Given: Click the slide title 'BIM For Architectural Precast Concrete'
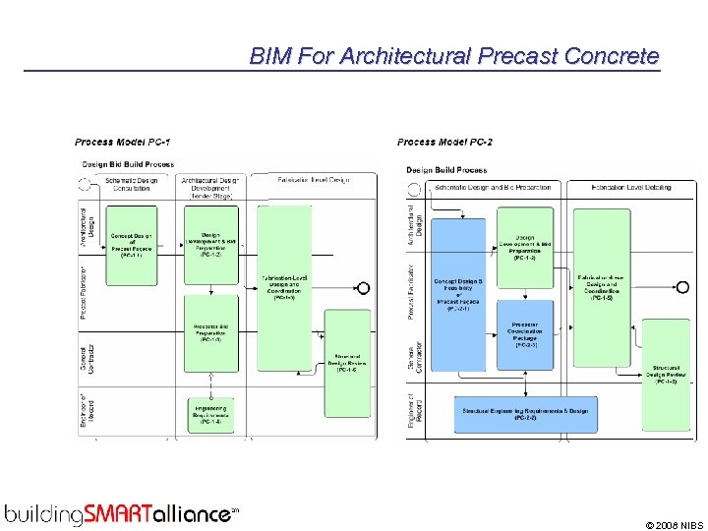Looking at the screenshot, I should click(453, 56).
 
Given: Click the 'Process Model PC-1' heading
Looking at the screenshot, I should click(121, 143).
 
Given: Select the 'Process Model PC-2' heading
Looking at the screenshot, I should click(444, 143).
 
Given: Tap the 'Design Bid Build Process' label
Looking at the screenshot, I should click(128, 164).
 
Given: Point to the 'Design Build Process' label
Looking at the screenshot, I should click(446, 170).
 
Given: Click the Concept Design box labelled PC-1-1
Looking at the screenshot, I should click(132, 245).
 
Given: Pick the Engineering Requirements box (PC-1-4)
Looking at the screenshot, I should click(211, 413).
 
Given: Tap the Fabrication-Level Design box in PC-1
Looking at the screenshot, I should click(284, 287).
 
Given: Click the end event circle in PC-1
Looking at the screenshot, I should click(363, 288).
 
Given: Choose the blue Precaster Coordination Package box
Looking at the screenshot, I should click(525, 333).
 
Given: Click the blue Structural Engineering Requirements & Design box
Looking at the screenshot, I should click(525, 412).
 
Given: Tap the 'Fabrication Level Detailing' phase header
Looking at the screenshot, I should click(631, 187).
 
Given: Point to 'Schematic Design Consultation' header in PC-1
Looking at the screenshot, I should click(133, 184).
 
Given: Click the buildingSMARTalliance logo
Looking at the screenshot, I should click(122, 513).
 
